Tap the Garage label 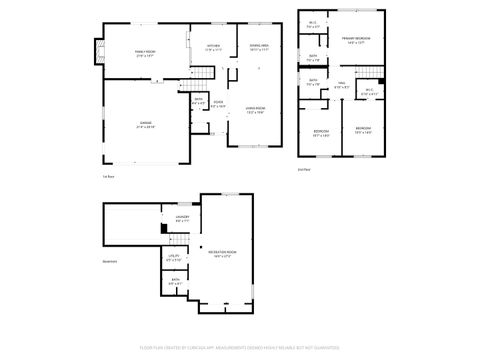[144, 125]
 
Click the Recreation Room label [222, 252]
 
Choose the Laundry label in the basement [182, 218]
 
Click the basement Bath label [175, 281]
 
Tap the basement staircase [179, 240]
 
